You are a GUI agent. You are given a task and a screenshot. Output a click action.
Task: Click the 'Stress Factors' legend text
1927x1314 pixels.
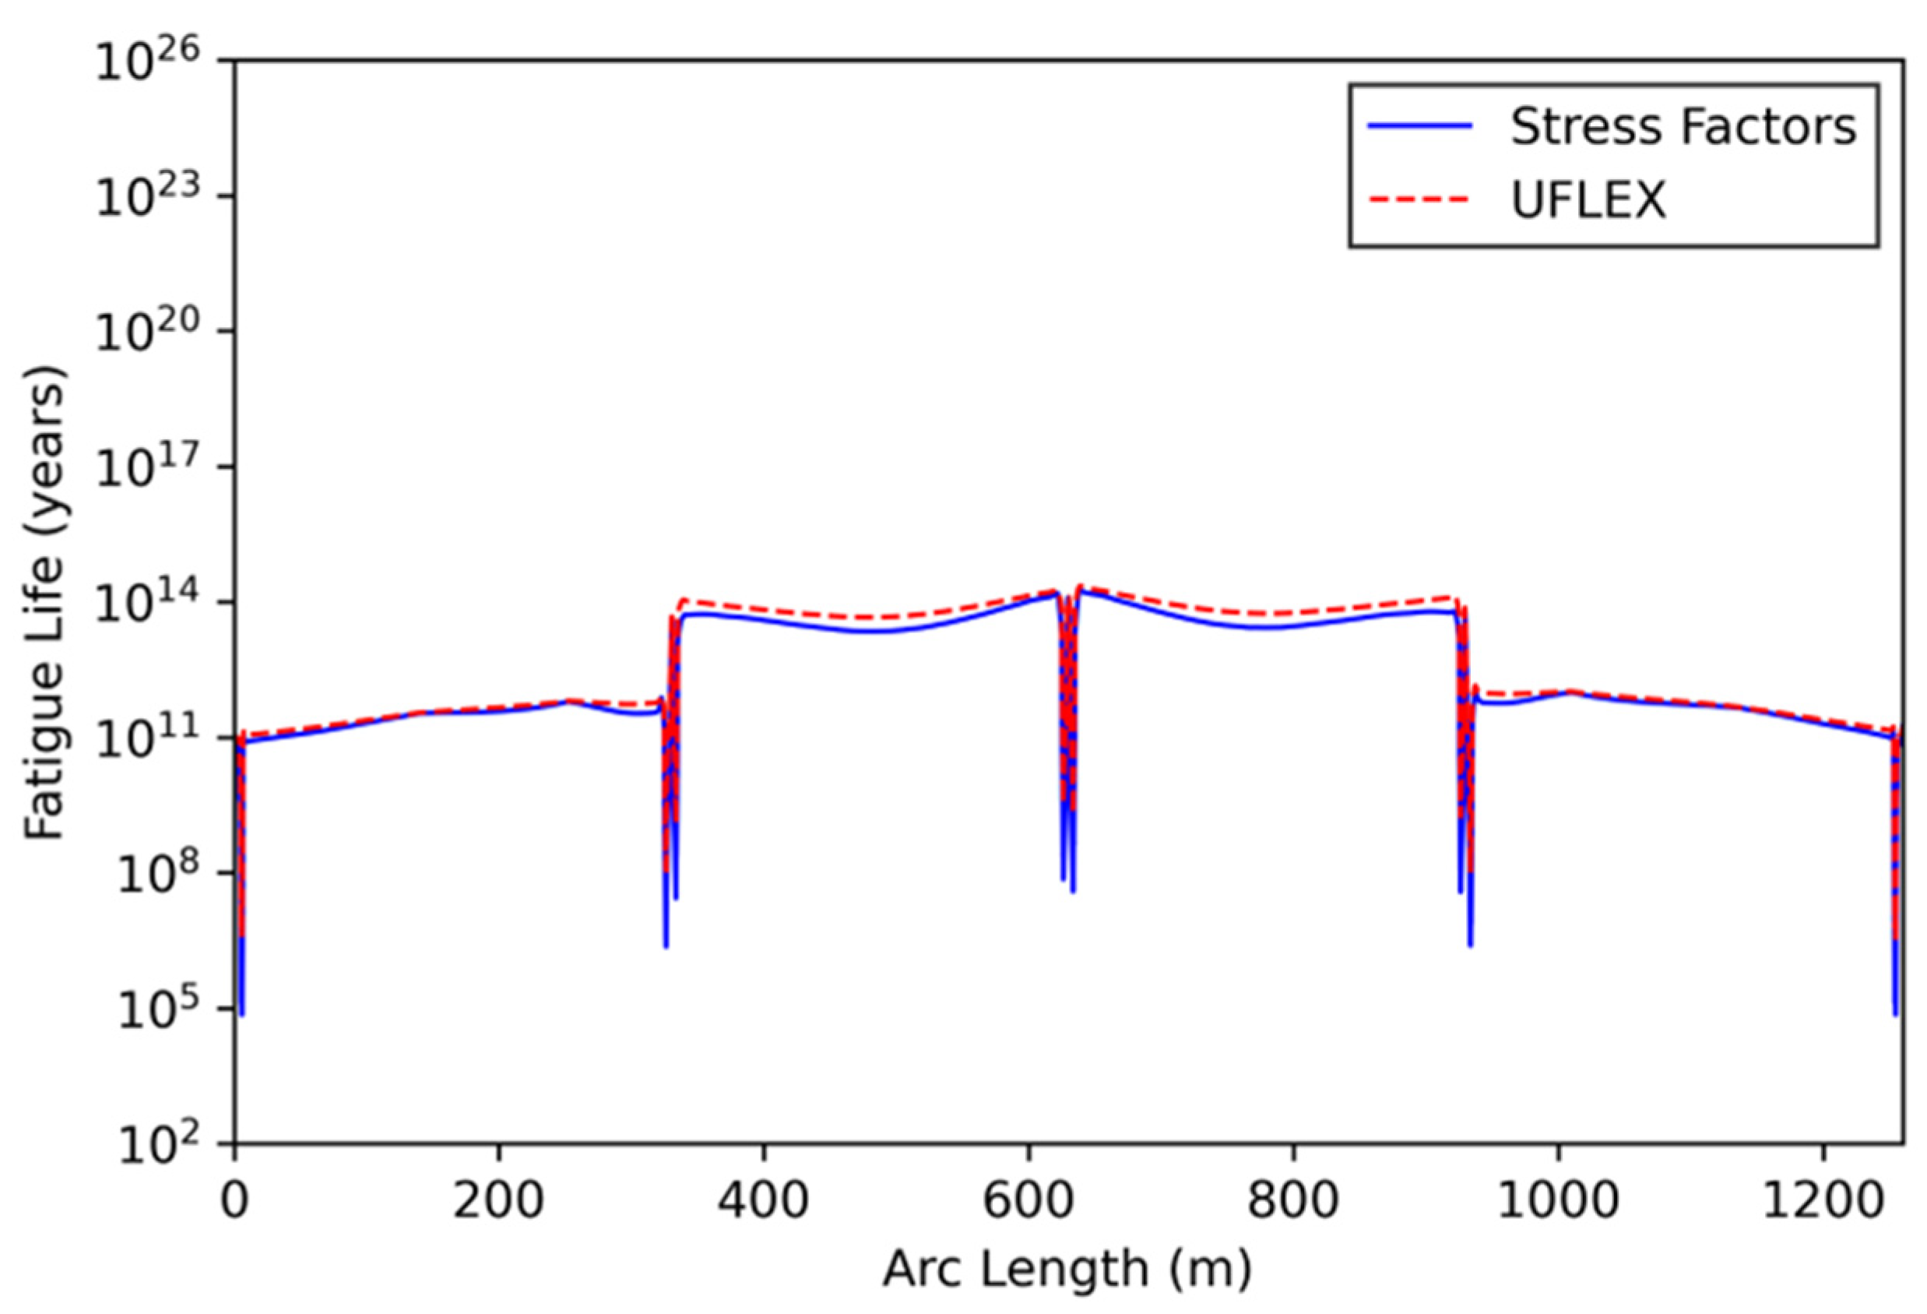[1683, 127]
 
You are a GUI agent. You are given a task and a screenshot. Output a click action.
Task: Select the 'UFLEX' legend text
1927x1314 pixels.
[1588, 200]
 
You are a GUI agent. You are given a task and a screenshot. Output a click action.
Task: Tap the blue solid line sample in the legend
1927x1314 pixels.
[1420, 126]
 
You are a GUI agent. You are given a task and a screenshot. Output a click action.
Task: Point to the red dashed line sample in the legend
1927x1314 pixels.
[1420, 199]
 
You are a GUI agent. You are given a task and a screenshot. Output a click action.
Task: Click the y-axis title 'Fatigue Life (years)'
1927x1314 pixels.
[43, 603]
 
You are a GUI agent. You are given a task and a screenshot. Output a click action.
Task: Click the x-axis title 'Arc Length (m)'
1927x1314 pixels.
[1067, 1269]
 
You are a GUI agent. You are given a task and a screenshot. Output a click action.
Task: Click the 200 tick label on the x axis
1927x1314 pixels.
[498, 1200]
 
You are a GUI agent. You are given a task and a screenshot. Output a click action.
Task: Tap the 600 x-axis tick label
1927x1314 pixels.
[1029, 1200]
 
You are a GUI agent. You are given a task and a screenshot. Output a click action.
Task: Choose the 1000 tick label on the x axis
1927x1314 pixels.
[1557, 1200]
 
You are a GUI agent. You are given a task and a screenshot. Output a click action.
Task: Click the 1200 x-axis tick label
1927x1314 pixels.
[1822, 1200]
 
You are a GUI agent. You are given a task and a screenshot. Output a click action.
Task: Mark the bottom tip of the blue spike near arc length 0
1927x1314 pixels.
[241, 1013]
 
